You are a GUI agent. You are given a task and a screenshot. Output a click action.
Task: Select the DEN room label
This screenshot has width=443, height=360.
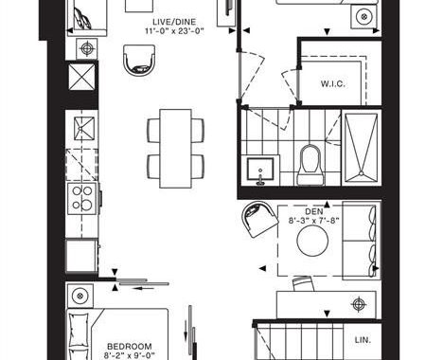[314, 211]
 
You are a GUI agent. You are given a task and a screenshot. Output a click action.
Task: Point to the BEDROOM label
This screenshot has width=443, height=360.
[130, 347]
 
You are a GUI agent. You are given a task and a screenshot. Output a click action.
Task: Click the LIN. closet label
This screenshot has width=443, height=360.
[363, 340]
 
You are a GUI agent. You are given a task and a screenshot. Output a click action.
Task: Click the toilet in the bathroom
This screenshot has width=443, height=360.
[310, 165]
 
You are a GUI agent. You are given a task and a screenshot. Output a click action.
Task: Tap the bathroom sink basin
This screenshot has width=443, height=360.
[260, 169]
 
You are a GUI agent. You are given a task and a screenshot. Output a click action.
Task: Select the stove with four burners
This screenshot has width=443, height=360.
[82, 197]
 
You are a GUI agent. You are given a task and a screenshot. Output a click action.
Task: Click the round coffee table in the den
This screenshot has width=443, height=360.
[312, 241]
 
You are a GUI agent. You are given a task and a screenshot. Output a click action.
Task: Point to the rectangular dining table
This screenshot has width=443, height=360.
[175, 149]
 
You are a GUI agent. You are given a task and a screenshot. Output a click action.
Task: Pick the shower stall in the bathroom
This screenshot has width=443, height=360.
[362, 148]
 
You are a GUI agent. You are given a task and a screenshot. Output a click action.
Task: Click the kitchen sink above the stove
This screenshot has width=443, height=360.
[84, 129]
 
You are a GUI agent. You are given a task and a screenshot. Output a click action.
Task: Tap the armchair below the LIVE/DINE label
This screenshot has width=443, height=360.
[139, 60]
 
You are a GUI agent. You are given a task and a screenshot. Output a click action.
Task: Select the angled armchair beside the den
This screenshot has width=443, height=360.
[259, 219]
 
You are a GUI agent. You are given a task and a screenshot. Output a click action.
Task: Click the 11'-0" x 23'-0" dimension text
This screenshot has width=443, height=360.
[175, 31]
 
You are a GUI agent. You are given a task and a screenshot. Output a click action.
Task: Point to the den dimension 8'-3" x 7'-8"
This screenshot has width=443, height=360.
[314, 220]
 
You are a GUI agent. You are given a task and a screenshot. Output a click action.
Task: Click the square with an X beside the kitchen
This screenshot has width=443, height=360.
[82, 77]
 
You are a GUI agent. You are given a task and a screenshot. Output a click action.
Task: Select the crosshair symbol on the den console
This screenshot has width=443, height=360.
[359, 305]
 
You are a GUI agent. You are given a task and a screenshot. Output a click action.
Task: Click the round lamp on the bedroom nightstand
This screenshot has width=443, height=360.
[80, 296]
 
